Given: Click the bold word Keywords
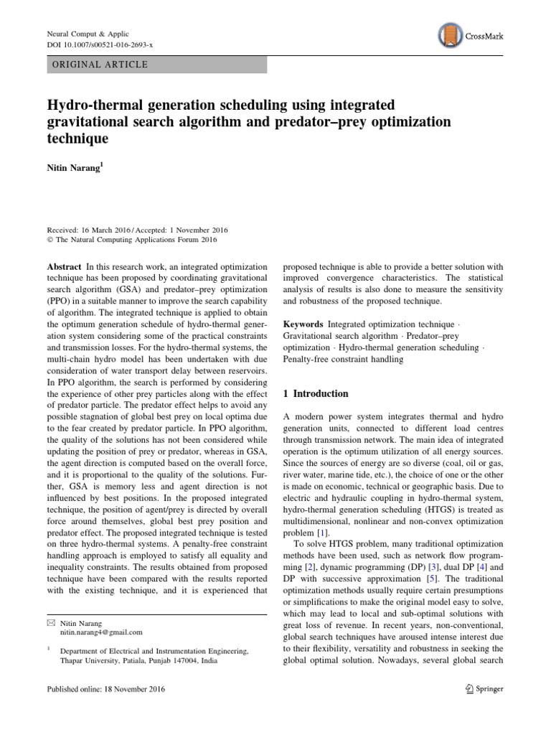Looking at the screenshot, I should (x=303, y=325).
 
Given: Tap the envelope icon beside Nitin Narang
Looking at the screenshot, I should (x=50, y=622).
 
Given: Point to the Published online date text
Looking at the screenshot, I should (x=105, y=690).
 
